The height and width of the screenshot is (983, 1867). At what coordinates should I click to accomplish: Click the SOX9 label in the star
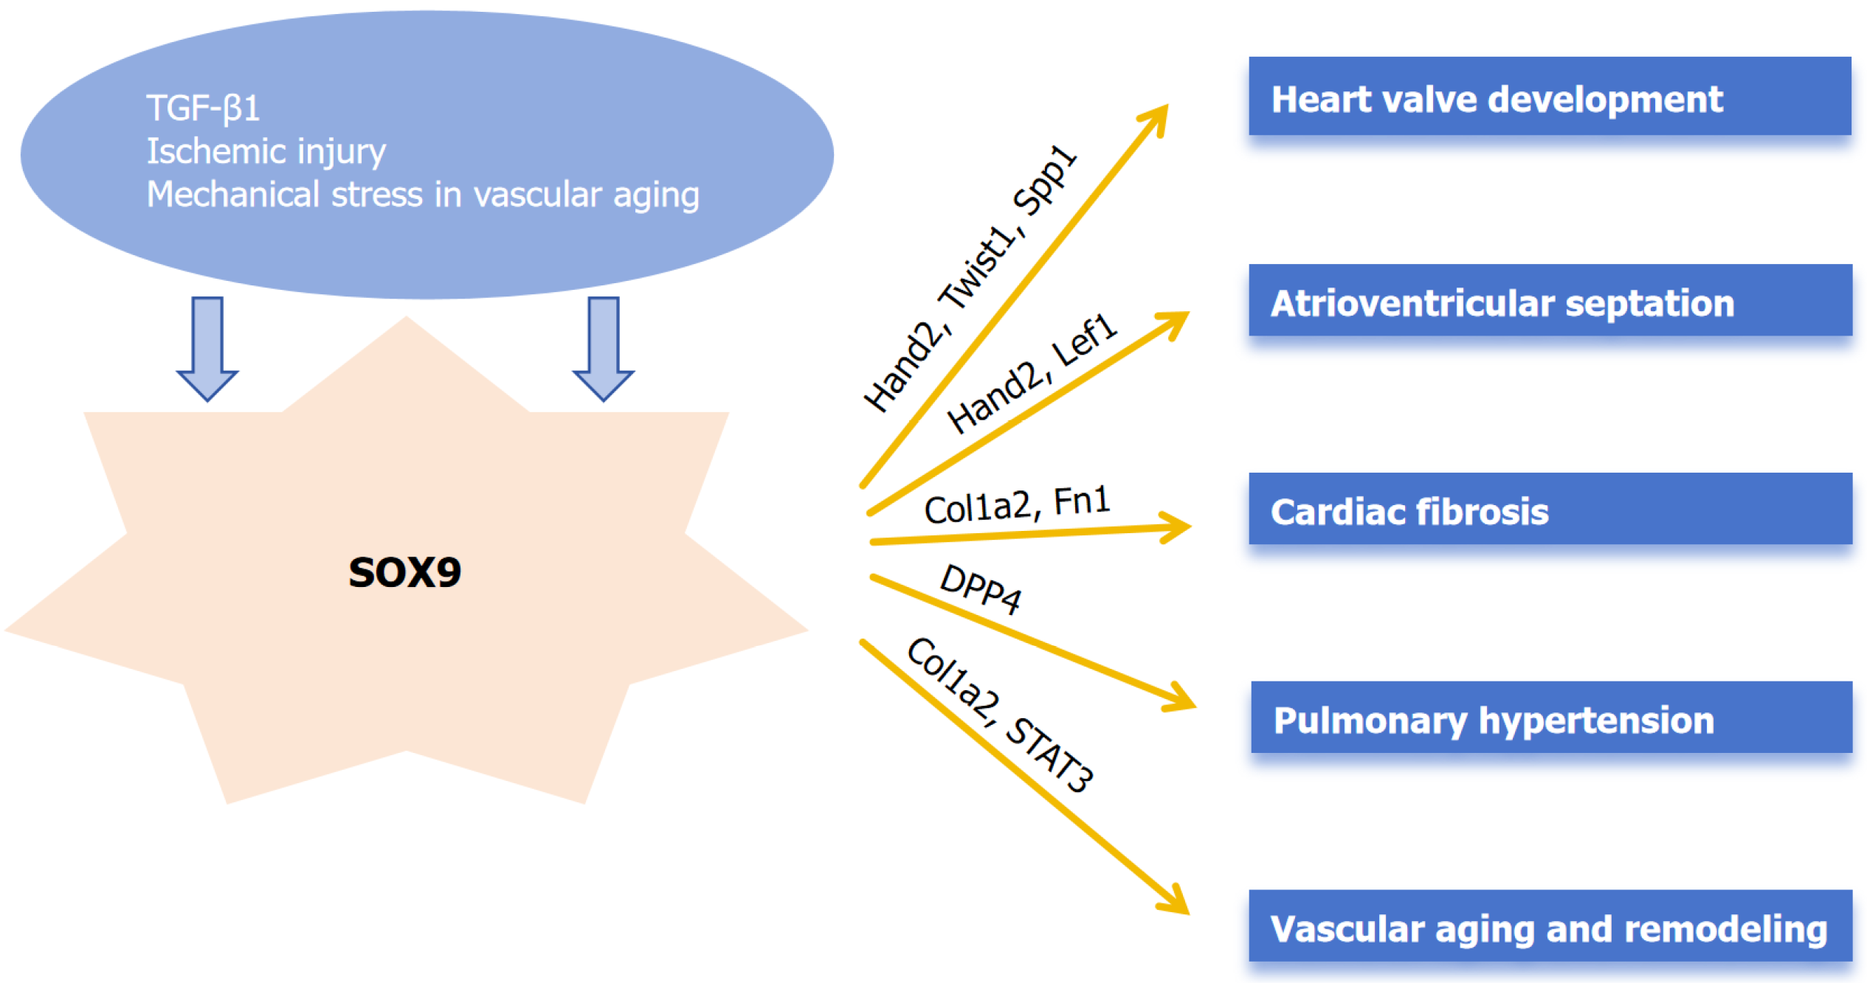click(x=404, y=572)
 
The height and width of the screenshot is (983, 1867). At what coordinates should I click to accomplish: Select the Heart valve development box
click(x=1549, y=97)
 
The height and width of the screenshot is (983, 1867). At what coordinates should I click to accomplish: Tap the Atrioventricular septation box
click(x=1550, y=300)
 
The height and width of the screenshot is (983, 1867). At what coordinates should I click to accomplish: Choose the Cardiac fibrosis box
click(x=1550, y=509)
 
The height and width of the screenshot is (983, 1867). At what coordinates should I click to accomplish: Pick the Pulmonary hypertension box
click(x=1551, y=718)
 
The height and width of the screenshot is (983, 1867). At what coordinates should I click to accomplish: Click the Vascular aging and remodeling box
click(x=1550, y=926)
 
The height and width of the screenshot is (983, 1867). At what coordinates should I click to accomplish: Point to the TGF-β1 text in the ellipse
click(x=203, y=108)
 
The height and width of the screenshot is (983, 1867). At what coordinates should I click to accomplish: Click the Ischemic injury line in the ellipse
click(x=266, y=151)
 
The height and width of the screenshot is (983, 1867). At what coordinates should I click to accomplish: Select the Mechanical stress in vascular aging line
click(x=422, y=195)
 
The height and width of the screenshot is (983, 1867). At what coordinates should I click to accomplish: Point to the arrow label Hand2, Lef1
click(x=1032, y=373)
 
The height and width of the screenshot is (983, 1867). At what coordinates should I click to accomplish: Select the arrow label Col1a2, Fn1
click(x=1017, y=505)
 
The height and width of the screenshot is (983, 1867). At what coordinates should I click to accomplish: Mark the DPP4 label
click(x=981, y=588)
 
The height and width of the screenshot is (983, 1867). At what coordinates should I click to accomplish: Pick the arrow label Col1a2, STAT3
click(x=1000, y=714)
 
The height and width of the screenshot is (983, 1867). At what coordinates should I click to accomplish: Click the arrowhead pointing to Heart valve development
click(x=1157, y=118)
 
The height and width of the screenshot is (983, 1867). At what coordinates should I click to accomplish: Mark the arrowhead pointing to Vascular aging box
click(x=1176, y=903)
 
